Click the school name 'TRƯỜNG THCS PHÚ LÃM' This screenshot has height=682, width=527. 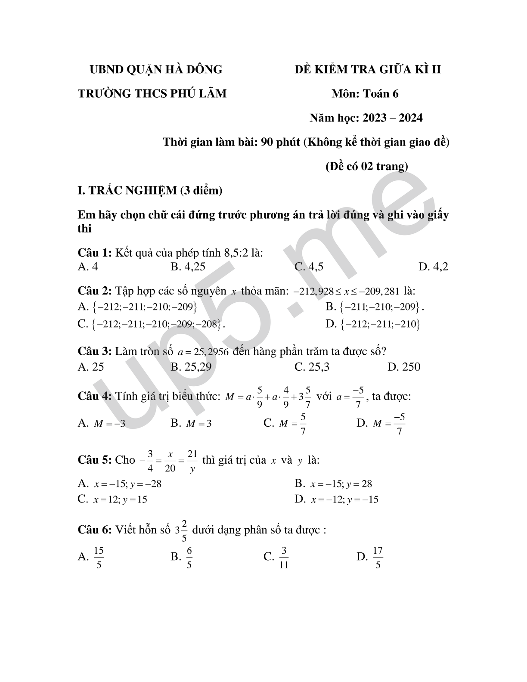tap(152, 93)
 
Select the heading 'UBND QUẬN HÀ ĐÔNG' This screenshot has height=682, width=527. tap(155, 69)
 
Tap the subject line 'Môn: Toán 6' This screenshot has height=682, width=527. tap(365, 93)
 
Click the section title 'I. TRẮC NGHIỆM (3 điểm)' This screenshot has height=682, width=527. tap(150, 190)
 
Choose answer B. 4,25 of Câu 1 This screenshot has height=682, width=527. tap(188, 267)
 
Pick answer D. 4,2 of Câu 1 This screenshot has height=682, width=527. tap(433, 267)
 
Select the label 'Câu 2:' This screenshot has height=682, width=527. tap(95, 291)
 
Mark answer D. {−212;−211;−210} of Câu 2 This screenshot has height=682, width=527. tap(373, 324)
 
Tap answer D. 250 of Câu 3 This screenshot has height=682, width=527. tap(404, 367)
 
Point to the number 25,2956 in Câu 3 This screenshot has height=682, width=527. tap(211, 352)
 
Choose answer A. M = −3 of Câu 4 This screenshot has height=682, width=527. tap(102, 423)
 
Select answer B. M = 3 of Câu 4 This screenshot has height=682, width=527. tap(191, 423)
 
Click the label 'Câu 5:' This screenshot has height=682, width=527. tap(95, 460)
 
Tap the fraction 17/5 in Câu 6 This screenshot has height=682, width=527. tap(378, 558)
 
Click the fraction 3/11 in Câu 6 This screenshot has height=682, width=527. tap(284, 558)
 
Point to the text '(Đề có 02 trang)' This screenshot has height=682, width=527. tap(366, 166)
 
